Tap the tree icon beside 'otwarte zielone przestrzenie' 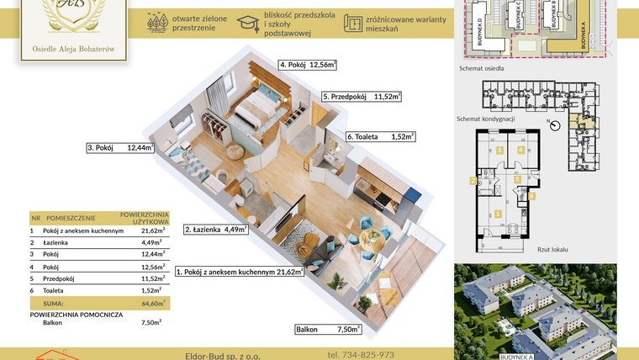(x=156, y=24)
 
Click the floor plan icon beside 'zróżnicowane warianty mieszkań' (x=353, y=24)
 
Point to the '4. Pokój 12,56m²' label (x=308, y=64)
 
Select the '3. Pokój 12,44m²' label (x=120, y=148)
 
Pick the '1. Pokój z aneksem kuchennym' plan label (x=239, y=272)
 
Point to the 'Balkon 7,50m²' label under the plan (x=328, y=330)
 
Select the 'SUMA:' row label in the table (x=53, y=303)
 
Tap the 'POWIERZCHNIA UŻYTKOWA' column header (x=145, y=217)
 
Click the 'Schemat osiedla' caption (x=482, y=71)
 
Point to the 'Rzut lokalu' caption (x=553, y=249)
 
